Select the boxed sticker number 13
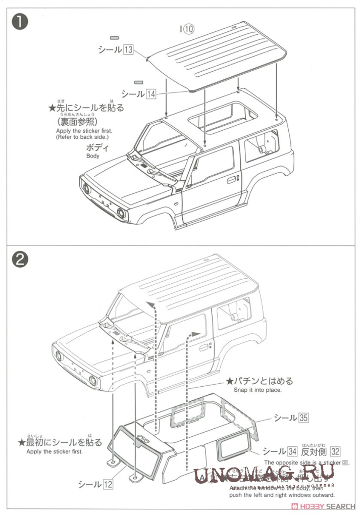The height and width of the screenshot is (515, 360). point(128,49)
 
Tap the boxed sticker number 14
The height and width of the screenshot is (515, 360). point(151,93)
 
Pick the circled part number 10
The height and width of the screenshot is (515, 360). point(188,29)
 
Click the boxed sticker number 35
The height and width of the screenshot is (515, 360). point(303,418)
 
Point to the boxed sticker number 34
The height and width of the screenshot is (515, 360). point(292,451)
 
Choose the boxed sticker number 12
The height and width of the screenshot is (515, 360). point(108,484)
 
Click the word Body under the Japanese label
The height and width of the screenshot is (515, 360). point(93,156)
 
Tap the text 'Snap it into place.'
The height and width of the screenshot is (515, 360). point(258,390)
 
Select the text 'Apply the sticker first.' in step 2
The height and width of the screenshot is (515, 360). point(55,451)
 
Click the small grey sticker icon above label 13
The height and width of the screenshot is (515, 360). point(115,38)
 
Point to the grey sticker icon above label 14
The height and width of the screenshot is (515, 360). point(138,82)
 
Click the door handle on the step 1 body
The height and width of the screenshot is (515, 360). point(231,179)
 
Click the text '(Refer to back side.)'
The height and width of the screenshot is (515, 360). point(82,137)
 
